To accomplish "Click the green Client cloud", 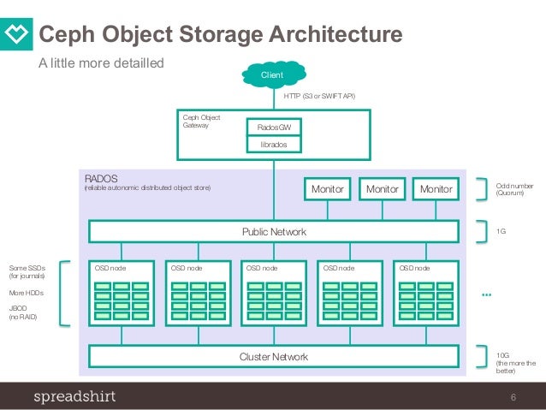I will pos(273,76).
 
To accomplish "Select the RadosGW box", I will pos(273,128).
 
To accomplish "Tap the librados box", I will pos(273,145).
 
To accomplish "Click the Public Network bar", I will pos(273,232).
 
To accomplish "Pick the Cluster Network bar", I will pos(273,356).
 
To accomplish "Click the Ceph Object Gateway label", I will pos(202,120).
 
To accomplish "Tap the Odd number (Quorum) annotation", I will pos(514,188).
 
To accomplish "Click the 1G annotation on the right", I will pos(502,232).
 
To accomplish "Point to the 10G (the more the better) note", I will pos(516,363).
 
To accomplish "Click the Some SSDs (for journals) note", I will pos(27,272).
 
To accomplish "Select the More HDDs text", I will pos(26,293).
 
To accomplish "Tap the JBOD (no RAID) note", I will pos(24,312).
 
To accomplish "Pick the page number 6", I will pos(513,396).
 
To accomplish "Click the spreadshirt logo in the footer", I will pos(74,396).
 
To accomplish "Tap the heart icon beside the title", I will pos(18,35).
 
